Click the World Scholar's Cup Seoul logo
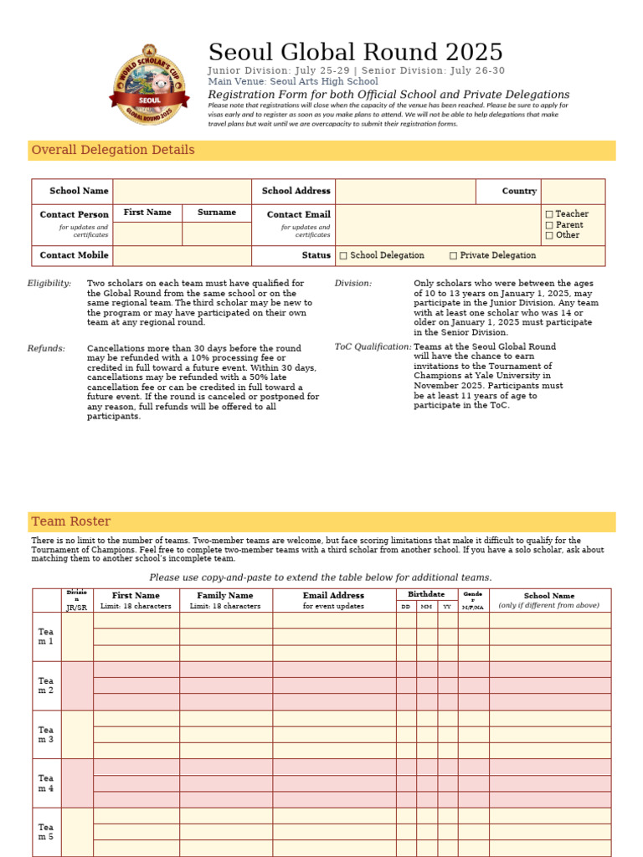click(x=150, y=85)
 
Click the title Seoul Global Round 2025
click(x=355, y=52)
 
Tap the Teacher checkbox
click(x=549, y=214)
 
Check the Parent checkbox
click(x=549, y=225)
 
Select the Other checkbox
click(x=549, y=235)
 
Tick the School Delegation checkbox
click(x=343, y=255)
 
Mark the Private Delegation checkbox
click(x=453, y=255)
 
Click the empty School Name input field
click(x=182, y=191)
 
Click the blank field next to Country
click(x=573, y=191)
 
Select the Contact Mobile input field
click(x=182, y=255)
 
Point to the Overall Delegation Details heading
click(x=101, y=151)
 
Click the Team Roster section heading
click(x=71, y=521)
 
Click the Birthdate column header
click(x=426, y=594)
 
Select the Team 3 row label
click(x=46, y=735)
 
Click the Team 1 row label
click(x=46, y=636)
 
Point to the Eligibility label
click(x=49, y=284)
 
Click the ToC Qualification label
click(x=373, y=346)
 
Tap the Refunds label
click(x=46, y=348)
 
